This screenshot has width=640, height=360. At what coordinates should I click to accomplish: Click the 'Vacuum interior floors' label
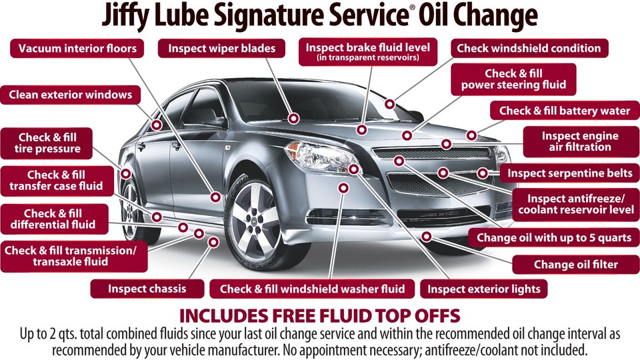click(x=77, y=48)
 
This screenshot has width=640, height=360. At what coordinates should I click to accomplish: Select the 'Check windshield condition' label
click(x=529, y=48)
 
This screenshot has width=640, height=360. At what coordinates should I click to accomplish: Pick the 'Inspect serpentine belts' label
click(x=569, y=173)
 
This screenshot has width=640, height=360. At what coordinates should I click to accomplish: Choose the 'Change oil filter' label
click(x=575, y=265)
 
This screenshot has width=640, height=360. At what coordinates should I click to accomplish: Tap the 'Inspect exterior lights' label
click(x=484, y=289)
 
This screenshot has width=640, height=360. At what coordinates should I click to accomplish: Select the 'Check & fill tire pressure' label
click(x=47, y=143)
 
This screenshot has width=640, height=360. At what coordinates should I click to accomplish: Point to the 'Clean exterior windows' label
click(x=70, y=95)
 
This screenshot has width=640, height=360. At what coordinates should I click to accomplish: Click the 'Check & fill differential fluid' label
click(x=50, y=219)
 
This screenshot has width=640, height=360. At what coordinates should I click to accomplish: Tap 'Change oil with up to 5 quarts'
click(x=553, y=237)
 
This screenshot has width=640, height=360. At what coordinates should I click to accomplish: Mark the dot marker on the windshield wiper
click(x=293, y=118)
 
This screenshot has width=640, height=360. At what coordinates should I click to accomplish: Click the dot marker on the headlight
click(x=354, y=169)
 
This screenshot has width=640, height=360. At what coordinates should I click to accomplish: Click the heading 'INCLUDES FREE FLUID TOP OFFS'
click(x=319, y=315)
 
